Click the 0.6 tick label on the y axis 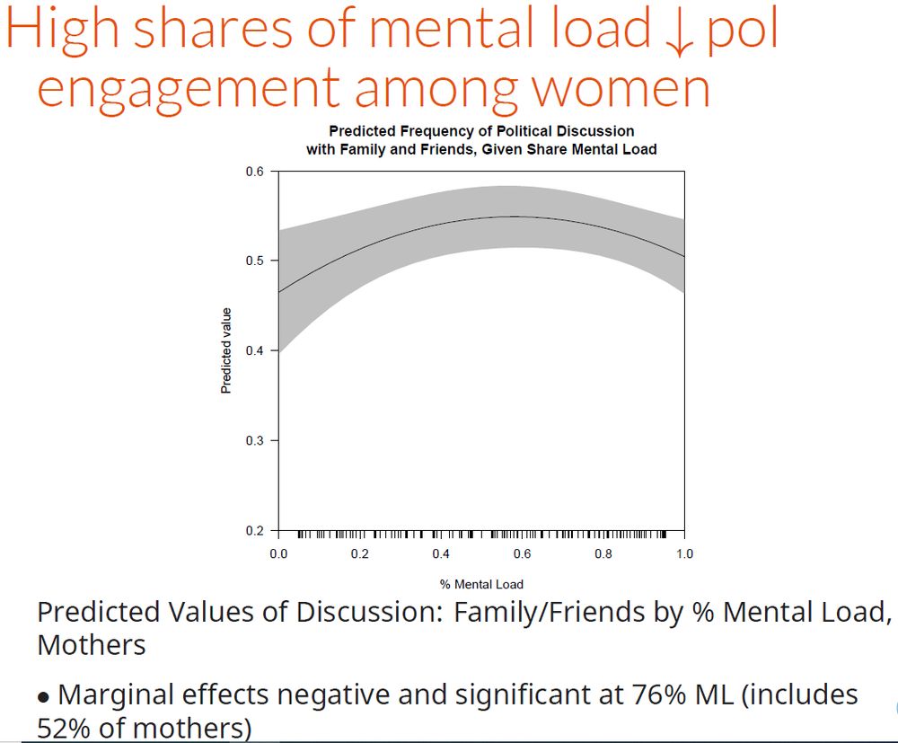(255, 171)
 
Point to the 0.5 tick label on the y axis (255, 261)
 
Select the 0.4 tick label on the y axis (255, 350)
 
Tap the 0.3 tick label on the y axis (255, 440)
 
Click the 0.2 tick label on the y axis (255, 530)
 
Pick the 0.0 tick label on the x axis (278, 554)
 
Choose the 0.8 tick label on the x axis (603, 554)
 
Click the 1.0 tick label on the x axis (683, 554)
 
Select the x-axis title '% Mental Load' (481, 584)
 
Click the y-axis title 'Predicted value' (226, 350)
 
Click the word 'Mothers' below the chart (91, 645)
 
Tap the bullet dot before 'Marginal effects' (43, 696)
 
